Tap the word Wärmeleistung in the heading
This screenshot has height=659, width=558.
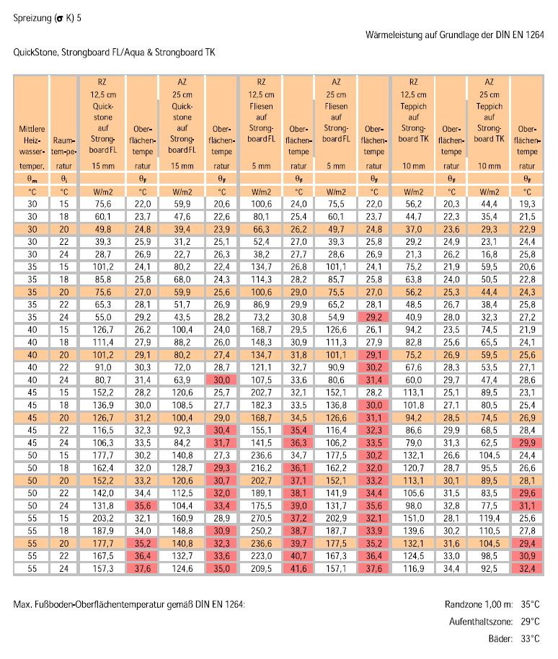click(x=394, y=35)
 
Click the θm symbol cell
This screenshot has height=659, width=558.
click(x=32, y=179)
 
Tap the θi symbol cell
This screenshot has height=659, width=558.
click(x=63, y=179)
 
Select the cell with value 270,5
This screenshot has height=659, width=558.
click(x=261, y=519)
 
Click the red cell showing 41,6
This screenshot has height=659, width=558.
click(x=298, y=569)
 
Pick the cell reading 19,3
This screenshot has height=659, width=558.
click(x=527, y=204)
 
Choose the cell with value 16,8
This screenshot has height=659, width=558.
click(x=489, y=254)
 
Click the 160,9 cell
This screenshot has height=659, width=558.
click(x=182, y=519)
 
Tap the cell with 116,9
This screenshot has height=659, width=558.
click(x=414, y=569)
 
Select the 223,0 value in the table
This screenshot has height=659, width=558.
click(x=261, y=556)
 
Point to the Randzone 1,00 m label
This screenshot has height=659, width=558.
click(x=479, y=604)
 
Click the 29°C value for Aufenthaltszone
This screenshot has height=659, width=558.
click(x=530, y=622)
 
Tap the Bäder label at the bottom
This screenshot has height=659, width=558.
click(x=500, y=639)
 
